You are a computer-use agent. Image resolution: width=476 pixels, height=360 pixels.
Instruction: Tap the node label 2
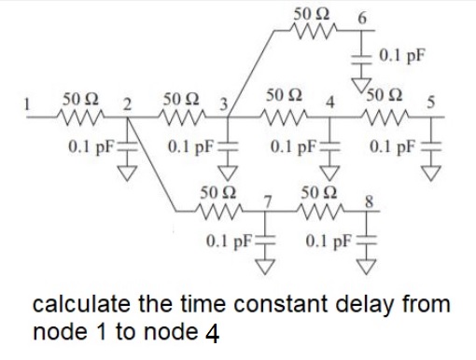pos(128,101)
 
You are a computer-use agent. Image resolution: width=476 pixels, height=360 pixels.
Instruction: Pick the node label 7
pos(267,200)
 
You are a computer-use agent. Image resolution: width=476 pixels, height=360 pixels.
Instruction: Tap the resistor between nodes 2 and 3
pos(177,116)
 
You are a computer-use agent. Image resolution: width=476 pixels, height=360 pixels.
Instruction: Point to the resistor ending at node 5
pos(382,116)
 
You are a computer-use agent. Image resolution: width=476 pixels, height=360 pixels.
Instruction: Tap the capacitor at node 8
pos(369,243)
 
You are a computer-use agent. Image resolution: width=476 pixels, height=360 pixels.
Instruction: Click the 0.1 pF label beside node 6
pos(402,54)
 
